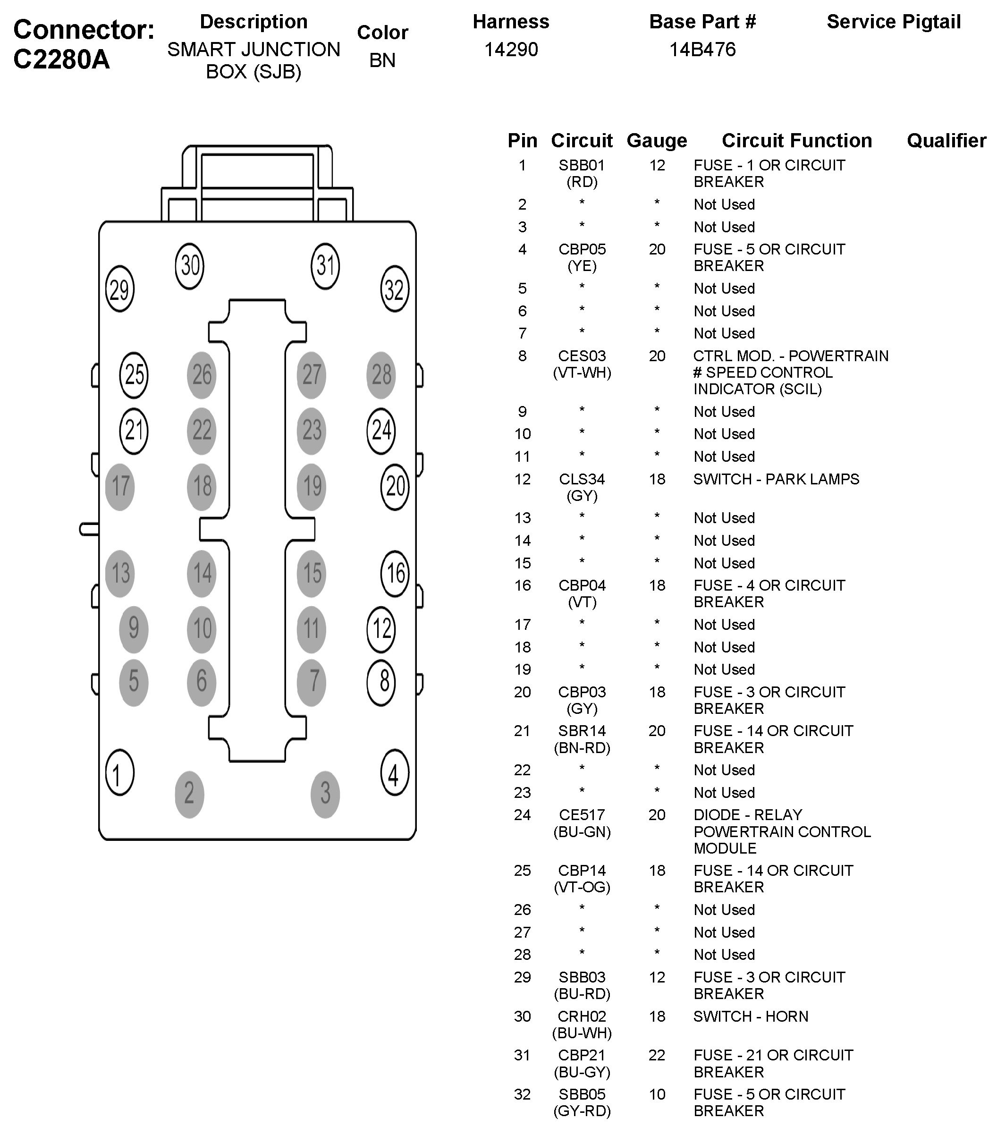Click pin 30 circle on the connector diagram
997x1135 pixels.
click(x=189, y=266)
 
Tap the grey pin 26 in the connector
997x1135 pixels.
click(x=202, y=375)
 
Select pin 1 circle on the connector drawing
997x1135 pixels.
click(x=119, y=772)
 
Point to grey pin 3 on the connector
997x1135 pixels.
click(x=325, y=794)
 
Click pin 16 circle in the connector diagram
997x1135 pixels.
click(x=395, y=574)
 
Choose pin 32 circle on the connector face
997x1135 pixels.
click(x=395, y=289)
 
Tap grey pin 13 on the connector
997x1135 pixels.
click(x=120, y=574)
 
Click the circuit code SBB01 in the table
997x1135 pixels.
click(x=581, y=165)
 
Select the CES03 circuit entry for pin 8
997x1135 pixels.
click(x=581, y=356)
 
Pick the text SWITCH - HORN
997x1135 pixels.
click(x=751, y=1016)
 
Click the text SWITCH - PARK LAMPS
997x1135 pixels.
click(x=776, y=479)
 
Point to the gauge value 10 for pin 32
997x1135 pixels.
click(x=657, y=1094)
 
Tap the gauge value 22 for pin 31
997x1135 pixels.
click(x=657, y=1055)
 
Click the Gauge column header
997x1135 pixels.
click(x=657, y=141)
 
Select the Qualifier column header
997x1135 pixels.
click(x=946, y=141)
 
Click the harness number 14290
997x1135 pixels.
click(x=511, y=50)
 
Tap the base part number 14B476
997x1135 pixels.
click(x=702, y=50)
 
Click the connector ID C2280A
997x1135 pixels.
click(x=62, y=59)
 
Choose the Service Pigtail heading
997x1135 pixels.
click(x=893, y=22)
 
